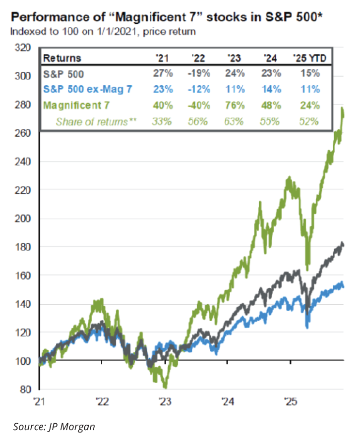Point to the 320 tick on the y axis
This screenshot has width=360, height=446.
click(x=23, y=48)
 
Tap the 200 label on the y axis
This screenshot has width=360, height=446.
click(x=23, y=219)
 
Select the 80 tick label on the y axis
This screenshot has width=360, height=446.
click(x=25, y=390)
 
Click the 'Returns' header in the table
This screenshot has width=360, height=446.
click(x=62, y=58)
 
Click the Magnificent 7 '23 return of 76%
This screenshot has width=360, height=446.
click(x=236, y=105)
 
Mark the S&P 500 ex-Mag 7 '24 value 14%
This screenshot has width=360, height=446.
click(x=271, y=90)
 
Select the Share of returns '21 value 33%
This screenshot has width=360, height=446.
click(x=165, y=121)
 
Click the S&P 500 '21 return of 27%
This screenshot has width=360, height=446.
click(x=165, y=74)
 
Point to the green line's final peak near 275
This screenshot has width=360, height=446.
click(x=343, y=110)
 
